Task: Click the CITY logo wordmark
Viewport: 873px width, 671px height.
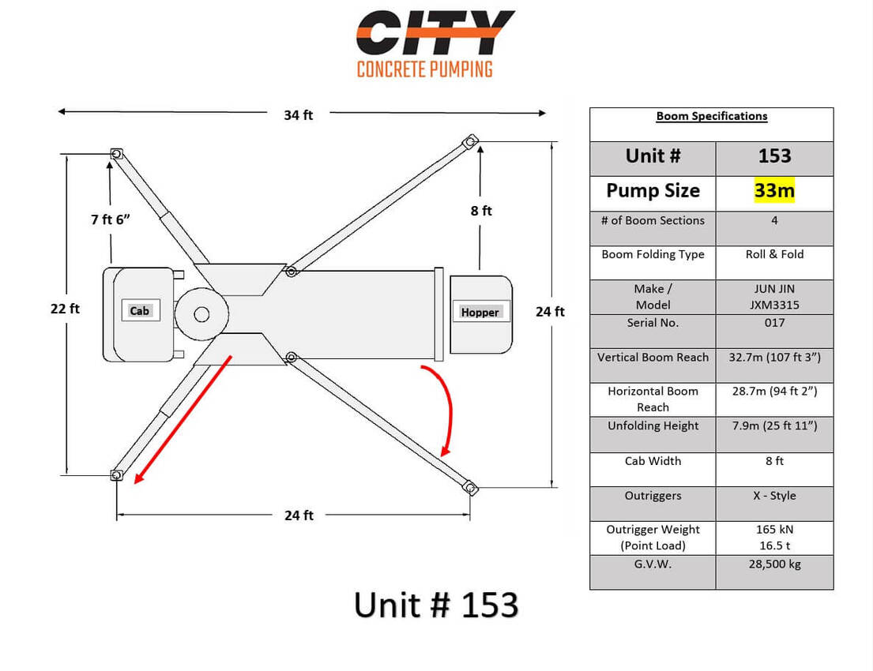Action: click(x=435, y=33)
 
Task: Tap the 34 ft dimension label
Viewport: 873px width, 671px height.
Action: click(x=299, y=115)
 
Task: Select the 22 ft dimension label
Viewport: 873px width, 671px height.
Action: click(x=65, y=309)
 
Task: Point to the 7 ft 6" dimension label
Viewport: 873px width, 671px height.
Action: click(x=111, y=219)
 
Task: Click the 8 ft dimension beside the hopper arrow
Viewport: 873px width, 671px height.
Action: click(x=481, y=211)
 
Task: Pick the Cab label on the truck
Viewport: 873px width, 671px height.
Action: click(x=139, y=310)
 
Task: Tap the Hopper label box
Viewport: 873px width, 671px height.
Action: click(x=480, y=312)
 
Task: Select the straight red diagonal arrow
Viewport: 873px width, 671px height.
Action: click(x=183, y=419)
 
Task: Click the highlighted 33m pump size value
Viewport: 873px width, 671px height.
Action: click(x=774, y=190)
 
